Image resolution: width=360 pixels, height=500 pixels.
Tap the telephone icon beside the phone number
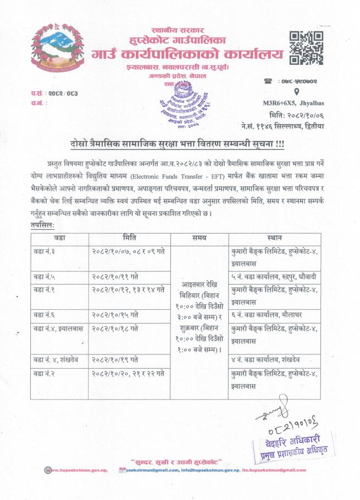pyautogui.click(x=268, y=80)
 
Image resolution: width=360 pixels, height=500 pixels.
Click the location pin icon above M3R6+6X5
pyautogui.click(x=297, y=92)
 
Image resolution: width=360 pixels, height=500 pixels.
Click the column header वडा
pyautogui.click(x=60, y=238)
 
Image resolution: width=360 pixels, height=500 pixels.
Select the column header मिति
pyautogui.click(x=130, y=238)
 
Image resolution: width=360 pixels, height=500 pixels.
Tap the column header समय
pyautogui.click(x=200, y=238)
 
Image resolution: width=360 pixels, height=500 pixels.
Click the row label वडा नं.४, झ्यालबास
pyautogui.click(x=59, y=328)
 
